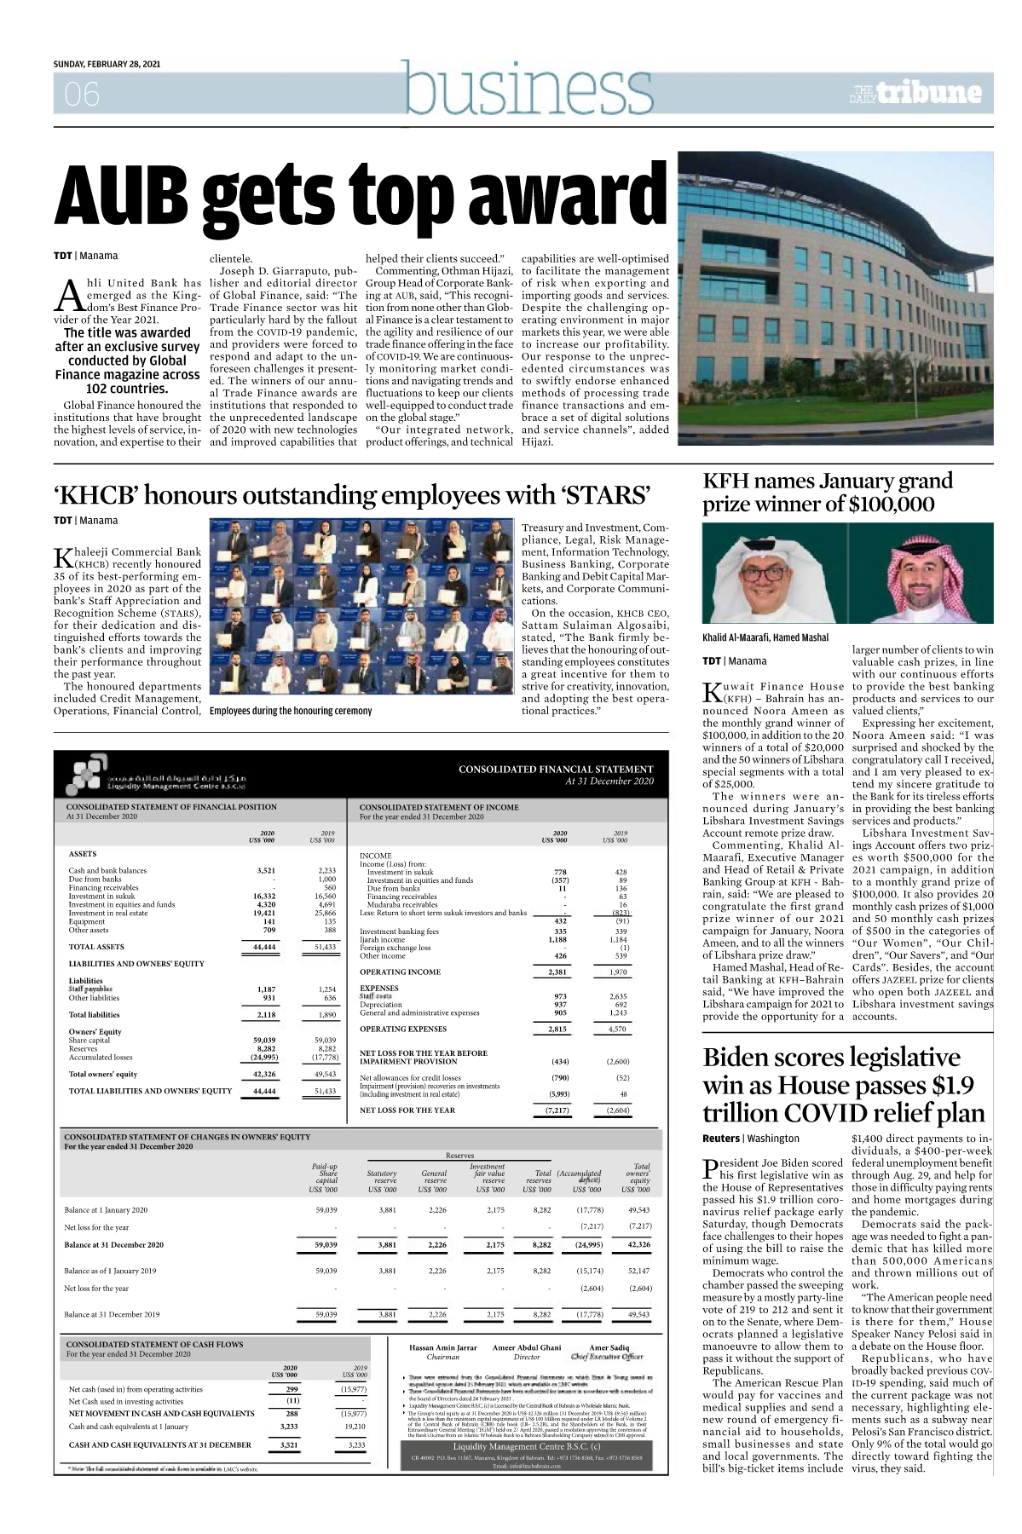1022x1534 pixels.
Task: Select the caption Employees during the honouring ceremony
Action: click(291, 711)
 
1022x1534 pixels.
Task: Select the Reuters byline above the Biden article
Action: click(720, 1139)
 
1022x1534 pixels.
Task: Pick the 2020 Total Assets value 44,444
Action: click(264, 947)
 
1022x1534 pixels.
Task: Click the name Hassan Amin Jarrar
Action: click(443, 1347)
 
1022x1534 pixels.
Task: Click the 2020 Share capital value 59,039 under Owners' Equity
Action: click(264, 1041)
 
